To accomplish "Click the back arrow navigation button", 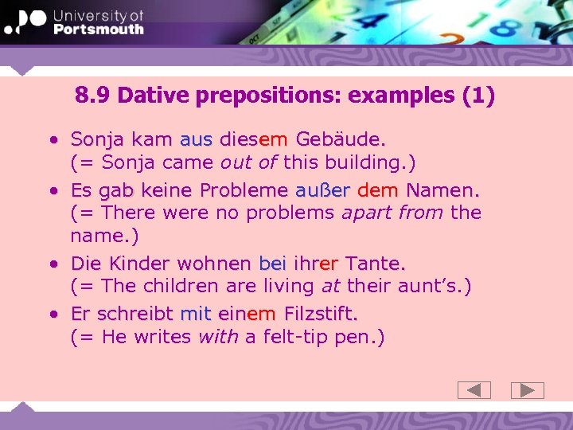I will point(474,390).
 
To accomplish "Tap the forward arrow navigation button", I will point(527,390).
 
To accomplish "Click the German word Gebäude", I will point(341,139).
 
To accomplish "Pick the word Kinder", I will point(139,264).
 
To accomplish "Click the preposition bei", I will point(273,264).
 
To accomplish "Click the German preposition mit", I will point(195,315).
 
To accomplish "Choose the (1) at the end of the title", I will point(478,96).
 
